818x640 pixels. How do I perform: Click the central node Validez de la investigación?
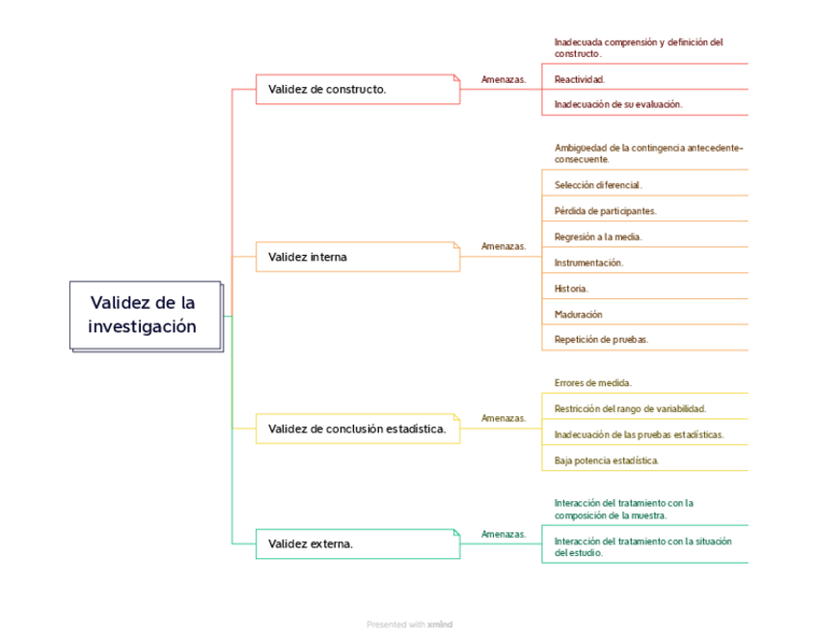pyautogui.click(x=145, y=315)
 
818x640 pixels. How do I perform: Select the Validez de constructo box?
pyautogui.click(x=357, y=90)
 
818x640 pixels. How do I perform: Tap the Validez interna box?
pyautogui.click(x=357, y=257)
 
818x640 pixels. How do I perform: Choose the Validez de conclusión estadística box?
pyautogui.click(x=357, y=429)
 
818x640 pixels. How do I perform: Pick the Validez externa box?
pyautogui.click(x=357, y=543)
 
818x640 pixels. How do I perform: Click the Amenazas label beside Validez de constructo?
pyautogui.click(x=504, y=80)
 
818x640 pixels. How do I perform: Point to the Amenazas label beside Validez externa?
pyautogui.click(x=504, y=534)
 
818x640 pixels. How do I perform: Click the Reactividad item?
pyautogui.click(x=580, y=79)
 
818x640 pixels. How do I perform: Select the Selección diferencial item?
pyautogui.click(x=598, y=184)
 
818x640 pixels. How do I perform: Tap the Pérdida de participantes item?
pyautogui.click(x=605, y=210)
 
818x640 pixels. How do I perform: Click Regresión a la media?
pyautogui.click(x=598, y=237)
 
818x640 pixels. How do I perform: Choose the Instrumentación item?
pyautogui.click(x=588, y=263)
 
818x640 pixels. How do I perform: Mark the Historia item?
pyautogui.click(x=571, y=289)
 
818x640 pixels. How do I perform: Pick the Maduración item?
pyautogui.click(x=578, y=314)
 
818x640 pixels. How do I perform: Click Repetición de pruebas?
pyautogui.click(x=601, y=340)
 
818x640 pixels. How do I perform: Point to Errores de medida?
pyautogui.click(x=592, y=383)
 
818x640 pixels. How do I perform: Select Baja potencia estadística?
pyautogui.click(x=607, y=460)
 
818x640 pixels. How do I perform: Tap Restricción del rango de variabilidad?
pyautogui.click(x=630, y=409)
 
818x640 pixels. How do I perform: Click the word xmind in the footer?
pyautogui.click(x=440, y=625)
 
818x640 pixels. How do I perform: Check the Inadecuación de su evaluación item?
pyautogui.click(x=617, y=104)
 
